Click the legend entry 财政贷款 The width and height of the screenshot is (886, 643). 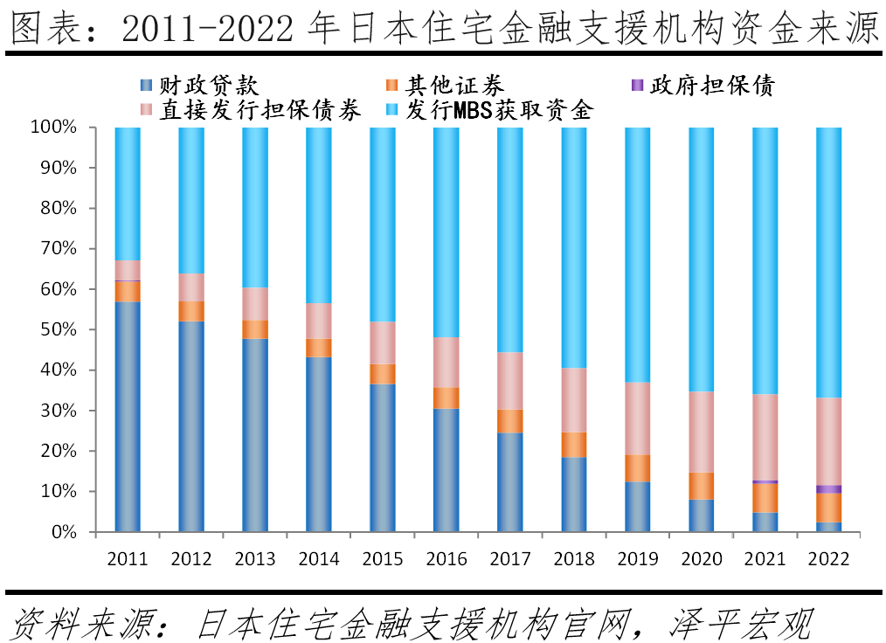coord(200,86)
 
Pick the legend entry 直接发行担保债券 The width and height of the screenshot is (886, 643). coord(249,110)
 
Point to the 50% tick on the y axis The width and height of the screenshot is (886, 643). coord(59,330)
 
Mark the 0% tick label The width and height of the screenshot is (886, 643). coord(65,532)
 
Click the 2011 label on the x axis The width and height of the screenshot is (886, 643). coord(128,559)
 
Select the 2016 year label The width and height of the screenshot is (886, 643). coord(446,559)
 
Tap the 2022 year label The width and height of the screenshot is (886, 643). coord(828,559)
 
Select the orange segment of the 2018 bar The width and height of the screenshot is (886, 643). coord(573,445)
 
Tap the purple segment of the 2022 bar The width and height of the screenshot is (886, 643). coord(828,489)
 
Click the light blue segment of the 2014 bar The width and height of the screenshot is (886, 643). coord(318,215)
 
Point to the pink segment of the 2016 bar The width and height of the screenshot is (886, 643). coord(446,363)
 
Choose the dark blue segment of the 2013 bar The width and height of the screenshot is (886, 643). coord(255,435)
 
